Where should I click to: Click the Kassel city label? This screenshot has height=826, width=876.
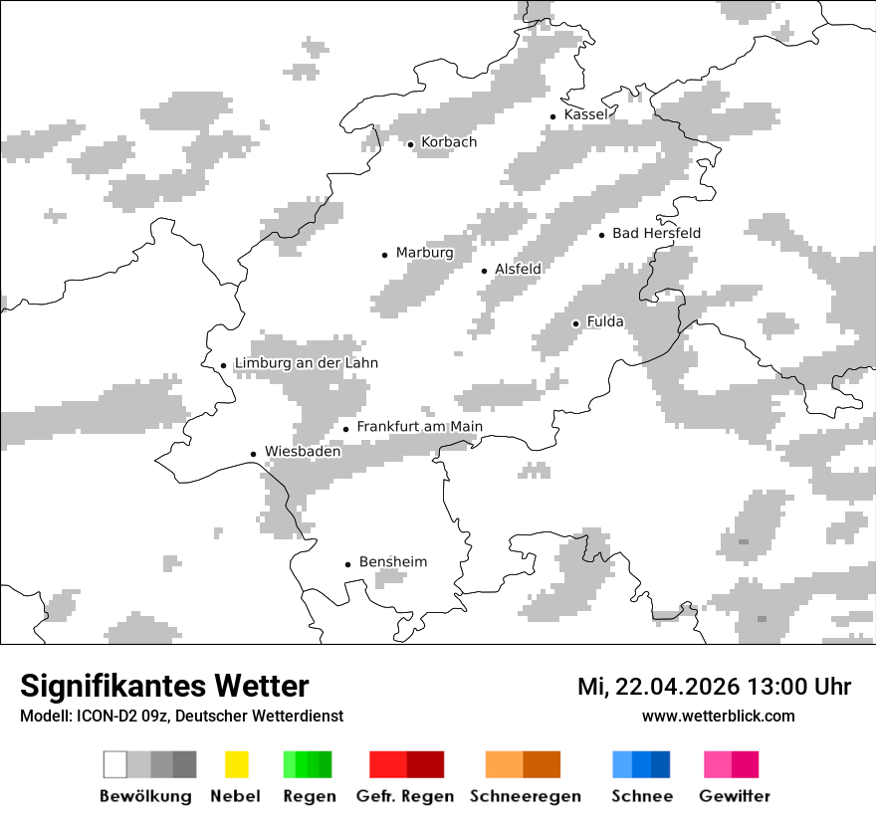point(585,114)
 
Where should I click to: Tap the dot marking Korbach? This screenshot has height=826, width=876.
point(410,144)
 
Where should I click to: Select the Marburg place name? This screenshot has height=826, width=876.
point(424,253)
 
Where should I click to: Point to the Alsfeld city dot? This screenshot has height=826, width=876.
point(485,271)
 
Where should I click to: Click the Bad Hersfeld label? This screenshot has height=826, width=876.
point(656,233)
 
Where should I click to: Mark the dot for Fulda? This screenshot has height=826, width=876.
point(575,323)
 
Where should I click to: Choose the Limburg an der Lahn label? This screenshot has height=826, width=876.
point(306,363)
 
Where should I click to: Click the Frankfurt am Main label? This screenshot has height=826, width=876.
point(419,427)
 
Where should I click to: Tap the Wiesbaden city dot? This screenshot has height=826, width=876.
point(254,454)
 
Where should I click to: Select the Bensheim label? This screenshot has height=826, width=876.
point(392,562)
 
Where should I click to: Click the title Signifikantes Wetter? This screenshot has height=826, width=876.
point(164,686)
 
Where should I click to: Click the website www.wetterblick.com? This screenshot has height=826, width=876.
point(718,716)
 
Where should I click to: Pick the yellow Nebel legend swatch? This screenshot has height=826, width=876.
point(236,764)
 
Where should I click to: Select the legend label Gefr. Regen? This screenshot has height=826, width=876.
point(404,796)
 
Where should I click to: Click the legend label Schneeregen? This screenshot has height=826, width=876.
point(525,796)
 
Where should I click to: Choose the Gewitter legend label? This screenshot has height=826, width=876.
point(734,796)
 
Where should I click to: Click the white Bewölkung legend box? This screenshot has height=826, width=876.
point(114,764)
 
